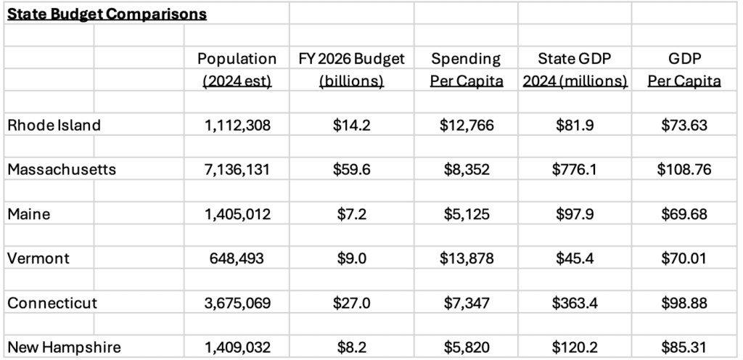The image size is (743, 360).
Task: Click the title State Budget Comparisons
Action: point(107,15)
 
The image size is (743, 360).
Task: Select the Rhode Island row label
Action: point(54,125)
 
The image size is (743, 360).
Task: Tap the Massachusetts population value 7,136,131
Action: point(237,170)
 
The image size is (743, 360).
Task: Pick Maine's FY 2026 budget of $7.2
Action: point(352,214)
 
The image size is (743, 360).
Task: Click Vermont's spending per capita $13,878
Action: point(467,258)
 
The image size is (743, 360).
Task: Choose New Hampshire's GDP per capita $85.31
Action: point(684,348)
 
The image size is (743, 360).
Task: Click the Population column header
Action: point(237,59)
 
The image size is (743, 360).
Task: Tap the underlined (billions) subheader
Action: point(352,81)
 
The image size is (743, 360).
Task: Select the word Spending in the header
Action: point(466,59)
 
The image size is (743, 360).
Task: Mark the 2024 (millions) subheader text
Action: point(575,81)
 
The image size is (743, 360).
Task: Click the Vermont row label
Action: point(38,258)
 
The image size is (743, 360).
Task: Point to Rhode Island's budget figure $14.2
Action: point(352,125)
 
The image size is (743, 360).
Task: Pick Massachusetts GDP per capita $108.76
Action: point(684,170)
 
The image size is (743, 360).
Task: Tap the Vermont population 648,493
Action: point(237,258)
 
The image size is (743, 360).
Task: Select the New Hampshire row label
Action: point(65,348)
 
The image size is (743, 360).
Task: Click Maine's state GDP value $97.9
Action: point(575,214)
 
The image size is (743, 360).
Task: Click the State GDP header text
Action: point(575,59)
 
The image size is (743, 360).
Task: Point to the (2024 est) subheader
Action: point(237,81)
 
